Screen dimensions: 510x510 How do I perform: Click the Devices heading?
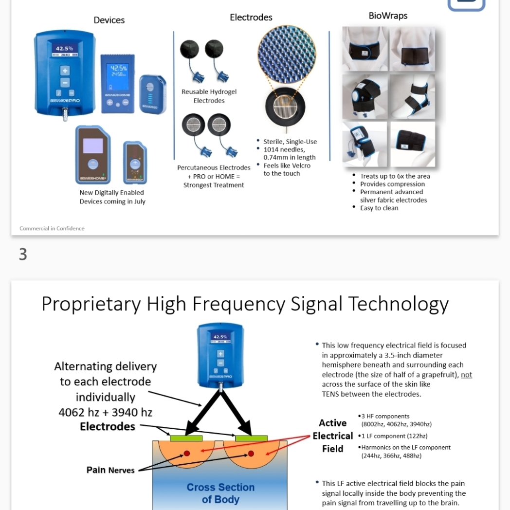[109, 20]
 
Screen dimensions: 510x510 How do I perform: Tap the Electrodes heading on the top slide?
[251, 17]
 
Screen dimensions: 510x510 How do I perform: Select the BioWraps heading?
[388, 16]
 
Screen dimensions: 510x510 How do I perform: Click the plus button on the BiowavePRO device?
[65, 70]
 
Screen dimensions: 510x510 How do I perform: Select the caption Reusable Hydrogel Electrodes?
[209, 96]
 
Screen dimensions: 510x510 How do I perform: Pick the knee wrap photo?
[365, 96]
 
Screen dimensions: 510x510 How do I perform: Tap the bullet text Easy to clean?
[379, 208]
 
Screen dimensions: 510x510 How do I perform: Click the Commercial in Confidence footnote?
[52, 228]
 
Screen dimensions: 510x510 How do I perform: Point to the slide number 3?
[23, 255]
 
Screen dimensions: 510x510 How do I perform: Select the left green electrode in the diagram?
[186, 438]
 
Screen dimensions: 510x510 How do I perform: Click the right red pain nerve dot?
[251, 454]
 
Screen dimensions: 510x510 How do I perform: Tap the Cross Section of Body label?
[220, 493]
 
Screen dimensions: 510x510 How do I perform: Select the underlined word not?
[467, 375]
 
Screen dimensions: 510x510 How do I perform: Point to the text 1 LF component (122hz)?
[394, 436]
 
